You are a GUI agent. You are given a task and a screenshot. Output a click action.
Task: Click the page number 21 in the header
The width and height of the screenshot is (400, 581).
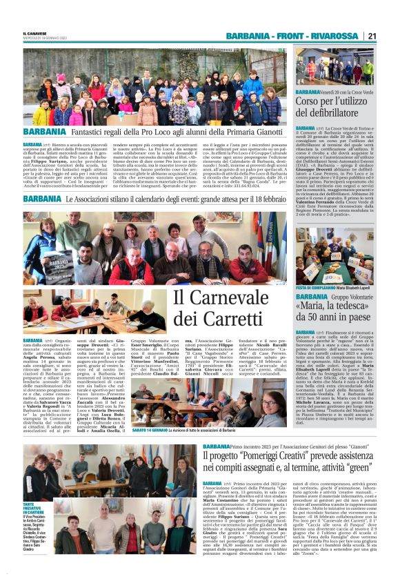372,36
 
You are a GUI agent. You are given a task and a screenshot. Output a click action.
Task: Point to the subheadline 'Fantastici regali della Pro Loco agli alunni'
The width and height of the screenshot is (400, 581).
175,132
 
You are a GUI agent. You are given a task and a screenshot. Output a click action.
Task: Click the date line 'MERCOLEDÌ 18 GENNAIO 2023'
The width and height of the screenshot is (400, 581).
43,37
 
